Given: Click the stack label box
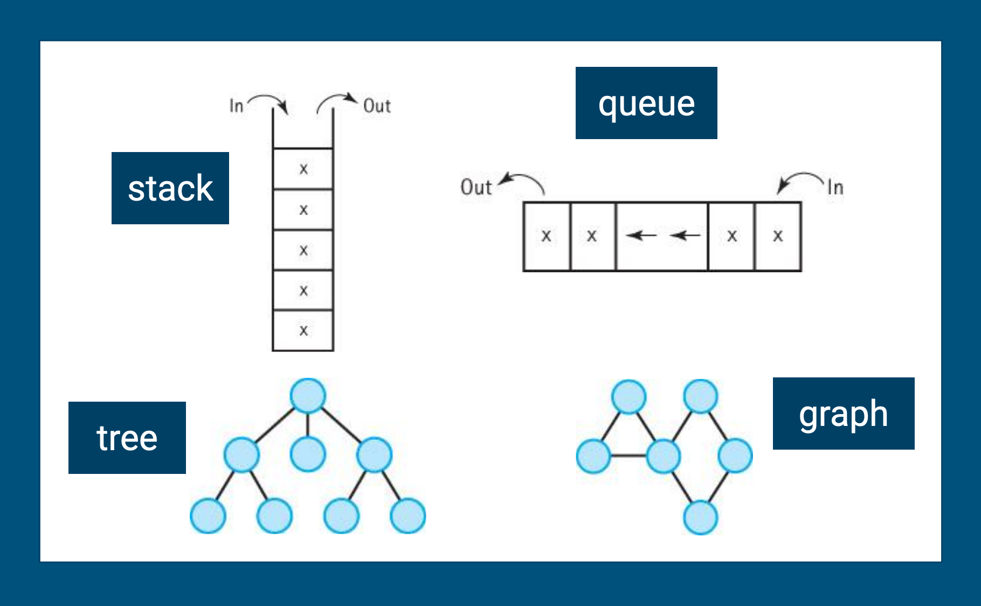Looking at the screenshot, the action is [170, 188].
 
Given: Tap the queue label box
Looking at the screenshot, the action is [646, 103].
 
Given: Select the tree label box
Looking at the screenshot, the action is [127, 438].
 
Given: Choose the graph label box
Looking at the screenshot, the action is [844, 414].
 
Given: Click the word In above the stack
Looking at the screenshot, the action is [236, 106].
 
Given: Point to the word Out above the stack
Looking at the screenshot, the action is [377, 106].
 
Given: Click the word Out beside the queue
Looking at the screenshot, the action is [476, 187].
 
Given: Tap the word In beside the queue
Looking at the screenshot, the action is [835, 188].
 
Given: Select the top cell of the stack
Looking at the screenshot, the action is [303, 169].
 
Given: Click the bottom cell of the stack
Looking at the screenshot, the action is [303, 330].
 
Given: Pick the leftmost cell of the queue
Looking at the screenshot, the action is [547, 236].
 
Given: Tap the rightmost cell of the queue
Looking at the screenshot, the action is [778, 236].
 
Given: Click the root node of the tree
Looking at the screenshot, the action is [308, 396].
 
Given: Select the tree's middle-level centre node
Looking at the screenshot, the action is [308, 454].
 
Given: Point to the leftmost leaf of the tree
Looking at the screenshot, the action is [208, 515].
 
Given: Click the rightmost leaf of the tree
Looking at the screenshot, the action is [408, 515].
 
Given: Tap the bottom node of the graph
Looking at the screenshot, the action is [700, 518].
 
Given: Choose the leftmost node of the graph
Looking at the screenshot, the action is [593, 456].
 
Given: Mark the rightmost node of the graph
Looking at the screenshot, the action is [735, 456].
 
